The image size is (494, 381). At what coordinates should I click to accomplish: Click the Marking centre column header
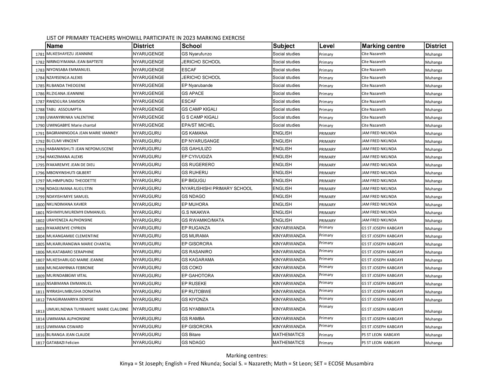point(383,46)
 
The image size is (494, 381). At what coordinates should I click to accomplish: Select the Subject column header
point(284,46)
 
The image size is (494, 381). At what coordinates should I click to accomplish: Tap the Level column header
point(327,46)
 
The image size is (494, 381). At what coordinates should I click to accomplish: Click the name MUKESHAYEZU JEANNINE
point(66,54)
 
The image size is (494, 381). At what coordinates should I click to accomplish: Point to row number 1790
point(40,126)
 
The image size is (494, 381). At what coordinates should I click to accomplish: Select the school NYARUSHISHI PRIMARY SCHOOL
point(217,189)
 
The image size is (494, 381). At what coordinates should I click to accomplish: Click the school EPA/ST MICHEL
point(198,125)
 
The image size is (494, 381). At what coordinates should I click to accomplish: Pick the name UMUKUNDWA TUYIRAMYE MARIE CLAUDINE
point(87,309)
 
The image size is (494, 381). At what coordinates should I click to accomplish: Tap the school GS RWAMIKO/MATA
point(203,220)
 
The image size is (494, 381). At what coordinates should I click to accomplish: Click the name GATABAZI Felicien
point(63,343)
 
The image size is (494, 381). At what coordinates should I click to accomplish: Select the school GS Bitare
point(191,335)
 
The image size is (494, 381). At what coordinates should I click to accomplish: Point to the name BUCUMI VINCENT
point(62,141)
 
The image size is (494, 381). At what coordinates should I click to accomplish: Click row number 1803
point(40,229)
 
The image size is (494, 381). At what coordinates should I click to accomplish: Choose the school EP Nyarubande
point(197,86)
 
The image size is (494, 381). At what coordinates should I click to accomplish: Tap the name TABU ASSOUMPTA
point(64,109)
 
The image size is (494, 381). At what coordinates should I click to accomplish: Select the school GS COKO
point(192,268)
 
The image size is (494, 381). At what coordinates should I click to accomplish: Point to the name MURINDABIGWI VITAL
point(67,276)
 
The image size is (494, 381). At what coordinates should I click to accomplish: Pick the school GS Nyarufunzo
point(197,54)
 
